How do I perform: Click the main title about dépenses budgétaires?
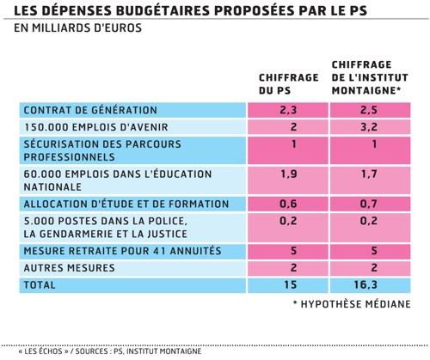[x=190, y=10]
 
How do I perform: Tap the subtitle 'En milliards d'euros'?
[x=77, y=28]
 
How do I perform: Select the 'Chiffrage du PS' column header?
[x=289, y=84]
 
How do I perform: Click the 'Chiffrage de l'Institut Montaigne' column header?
[x=370, y=77]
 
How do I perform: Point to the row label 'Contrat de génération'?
[x=90, y=110]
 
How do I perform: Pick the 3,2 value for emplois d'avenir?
[x=369, y=127]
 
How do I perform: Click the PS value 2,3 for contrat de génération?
[x=288, y=110]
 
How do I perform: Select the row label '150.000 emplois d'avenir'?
[x=95, y=127]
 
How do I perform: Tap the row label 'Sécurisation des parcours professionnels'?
[x=102, y=150]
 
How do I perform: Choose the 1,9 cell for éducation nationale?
[x=289, y=174]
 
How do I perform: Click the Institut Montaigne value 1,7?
[x=369, y=174]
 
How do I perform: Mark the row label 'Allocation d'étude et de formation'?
[x=126, y=204]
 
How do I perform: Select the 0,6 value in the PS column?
[x=288, y=204]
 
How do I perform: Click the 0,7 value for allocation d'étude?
[x=369, y=204]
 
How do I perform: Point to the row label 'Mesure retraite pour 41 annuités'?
[x=122, y=251]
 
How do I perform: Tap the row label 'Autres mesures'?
[x=69, y=268]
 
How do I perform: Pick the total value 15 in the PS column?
[x=291, y=284]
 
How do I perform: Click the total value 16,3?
[x=365, y=284]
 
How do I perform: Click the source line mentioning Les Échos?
[x=110, y=351]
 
